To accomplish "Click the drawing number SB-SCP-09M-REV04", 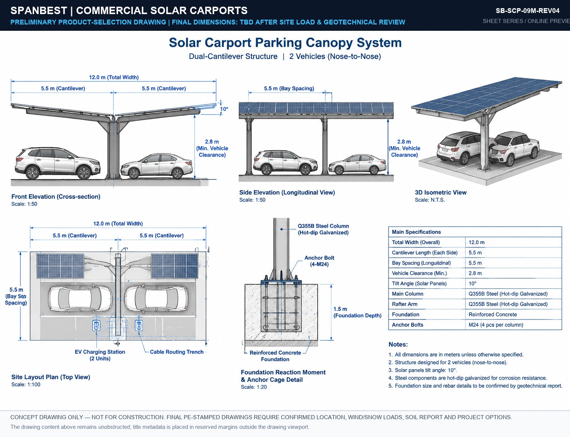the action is [527, 11].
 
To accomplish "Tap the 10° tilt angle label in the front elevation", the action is [224, 109].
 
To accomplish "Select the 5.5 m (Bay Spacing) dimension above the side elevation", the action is [289, 88].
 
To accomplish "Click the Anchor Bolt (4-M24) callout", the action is [319, 261].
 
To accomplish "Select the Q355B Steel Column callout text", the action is [323, 229].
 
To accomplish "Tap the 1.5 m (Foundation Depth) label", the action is [357, 312].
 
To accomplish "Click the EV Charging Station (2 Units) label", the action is [100, 355].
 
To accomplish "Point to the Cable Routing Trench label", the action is [177, 352].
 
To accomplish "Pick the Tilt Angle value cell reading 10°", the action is [472, 283].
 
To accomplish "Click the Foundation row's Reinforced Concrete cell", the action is [492, 314].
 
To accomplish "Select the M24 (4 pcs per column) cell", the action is [496, 325].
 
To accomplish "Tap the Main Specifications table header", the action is [416, 232].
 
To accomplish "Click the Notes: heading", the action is [398, 345].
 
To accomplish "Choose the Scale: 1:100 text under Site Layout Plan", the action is [26, 385].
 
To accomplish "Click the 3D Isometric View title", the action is [441, 193].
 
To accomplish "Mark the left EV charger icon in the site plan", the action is [96, 326].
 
